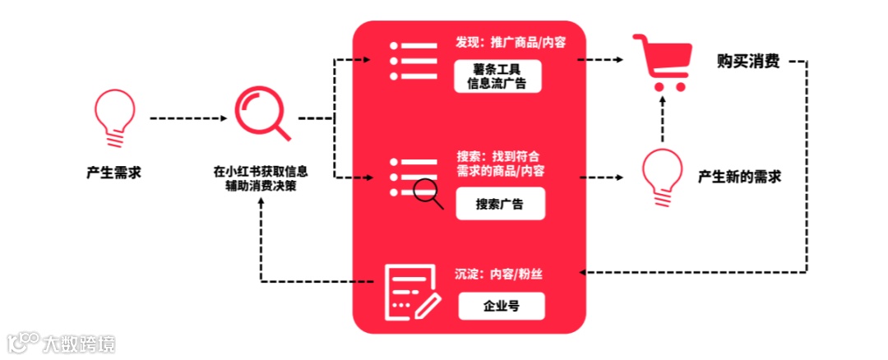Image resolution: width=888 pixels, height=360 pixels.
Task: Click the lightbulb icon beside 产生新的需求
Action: coord(662,176)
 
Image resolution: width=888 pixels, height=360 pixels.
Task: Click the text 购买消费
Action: coord(748,62)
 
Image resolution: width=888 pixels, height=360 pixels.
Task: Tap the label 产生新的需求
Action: coord(739,176)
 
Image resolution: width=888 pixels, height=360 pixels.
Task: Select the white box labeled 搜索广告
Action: coord(500,204)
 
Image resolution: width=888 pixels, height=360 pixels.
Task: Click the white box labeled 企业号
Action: coord(501,306)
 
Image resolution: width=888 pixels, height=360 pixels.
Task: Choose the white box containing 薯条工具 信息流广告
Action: coord(498,76)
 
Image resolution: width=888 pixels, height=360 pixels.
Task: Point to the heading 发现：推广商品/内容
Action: coord(511,43)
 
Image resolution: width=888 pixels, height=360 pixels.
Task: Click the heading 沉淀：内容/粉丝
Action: coord(498,274)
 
